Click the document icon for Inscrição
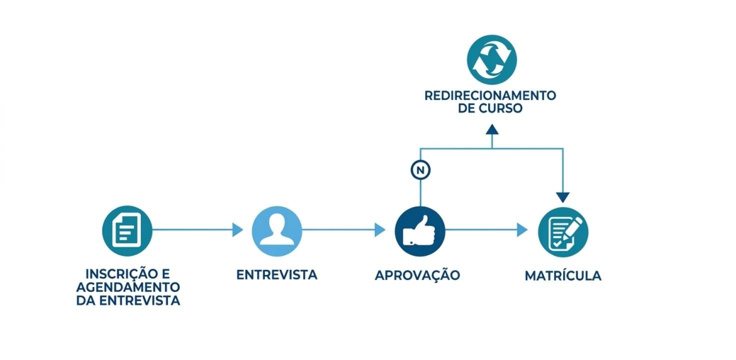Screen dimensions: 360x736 coord(128,230)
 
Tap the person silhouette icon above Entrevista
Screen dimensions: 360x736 coord(277,230)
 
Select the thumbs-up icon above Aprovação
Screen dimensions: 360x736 coord(420,230)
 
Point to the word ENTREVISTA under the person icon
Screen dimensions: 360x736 coord(277,275)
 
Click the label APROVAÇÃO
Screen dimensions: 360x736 coord(417,275)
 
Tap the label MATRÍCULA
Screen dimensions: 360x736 coord(563,276)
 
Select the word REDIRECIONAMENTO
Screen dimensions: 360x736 coord(490,96)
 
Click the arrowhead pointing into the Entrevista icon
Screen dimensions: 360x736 coord(238,230)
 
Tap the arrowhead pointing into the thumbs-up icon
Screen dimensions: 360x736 coord(380,230)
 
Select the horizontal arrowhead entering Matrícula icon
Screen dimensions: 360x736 coord(522,230)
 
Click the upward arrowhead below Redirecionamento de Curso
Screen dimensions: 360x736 coord(492,129)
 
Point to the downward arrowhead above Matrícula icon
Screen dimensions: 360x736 coord(563,197)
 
